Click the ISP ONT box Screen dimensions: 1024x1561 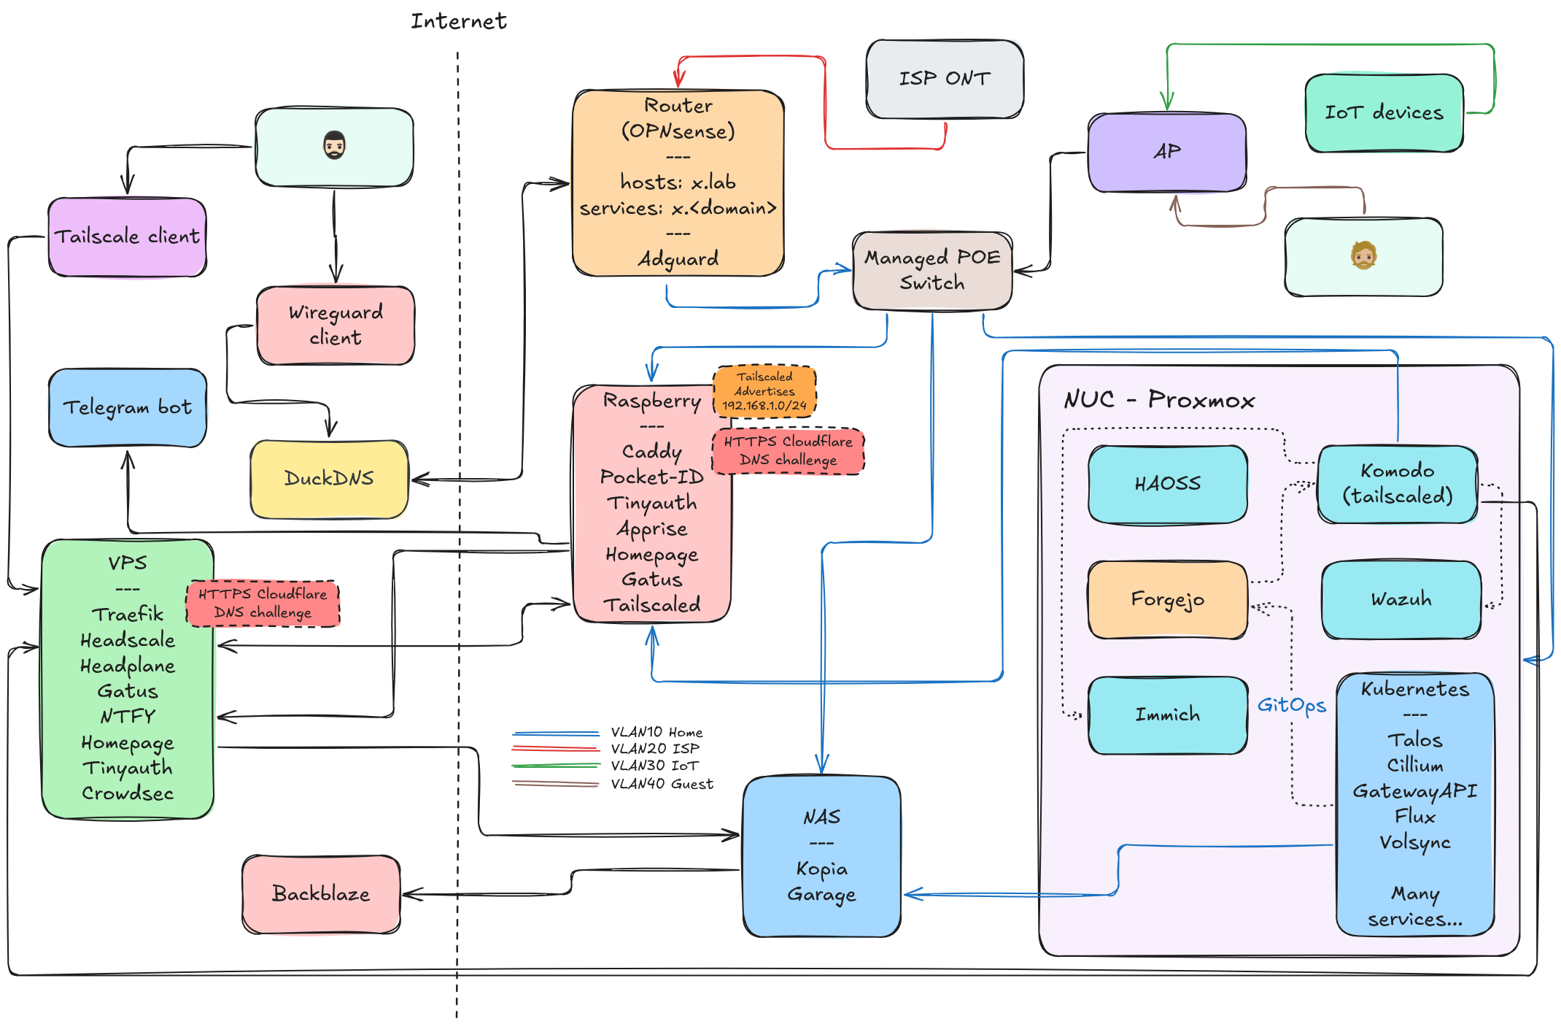945,79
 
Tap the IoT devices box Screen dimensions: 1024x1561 1384,112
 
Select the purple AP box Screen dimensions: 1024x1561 1166,152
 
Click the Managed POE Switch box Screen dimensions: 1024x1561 931,270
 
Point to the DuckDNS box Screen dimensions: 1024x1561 329,479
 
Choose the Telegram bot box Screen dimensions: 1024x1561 128,407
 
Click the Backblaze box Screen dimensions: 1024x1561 321,894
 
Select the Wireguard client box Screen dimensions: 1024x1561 336,325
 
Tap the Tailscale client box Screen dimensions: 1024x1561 127,236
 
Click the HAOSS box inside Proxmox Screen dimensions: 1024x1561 1167,484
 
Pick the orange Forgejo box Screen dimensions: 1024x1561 1167,599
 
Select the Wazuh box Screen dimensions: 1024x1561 1401,599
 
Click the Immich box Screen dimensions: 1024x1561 1167,715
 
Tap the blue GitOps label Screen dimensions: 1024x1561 1291,705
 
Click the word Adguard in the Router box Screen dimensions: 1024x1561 678,259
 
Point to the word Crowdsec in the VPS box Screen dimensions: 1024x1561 128,793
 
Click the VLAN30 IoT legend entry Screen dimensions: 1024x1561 654,766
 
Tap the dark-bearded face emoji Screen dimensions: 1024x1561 334,146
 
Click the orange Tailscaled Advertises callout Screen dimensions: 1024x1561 764,391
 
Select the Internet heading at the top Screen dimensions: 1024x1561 458,21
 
